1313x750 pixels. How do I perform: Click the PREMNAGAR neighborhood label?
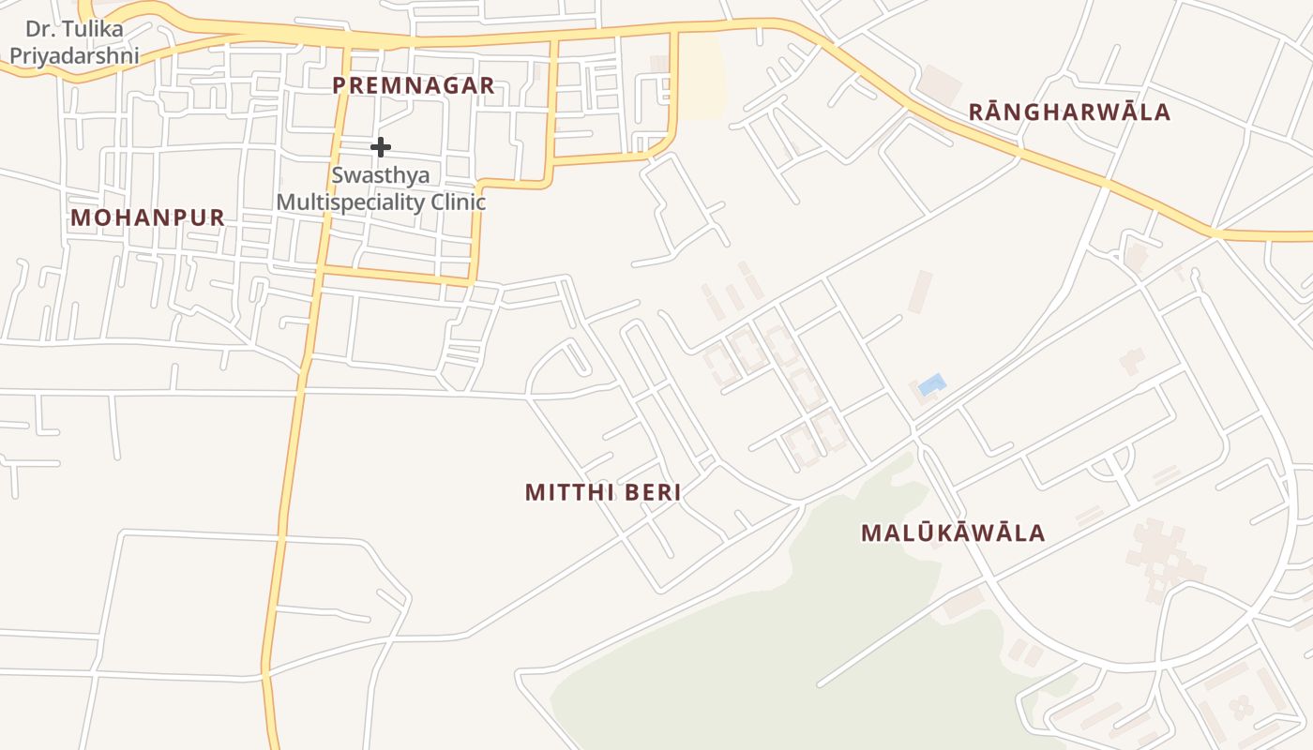(414, 85)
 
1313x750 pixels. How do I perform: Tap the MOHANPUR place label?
(148, 217)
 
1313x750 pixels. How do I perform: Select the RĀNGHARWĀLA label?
(1069, 112)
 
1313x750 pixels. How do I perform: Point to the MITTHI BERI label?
(603, 492)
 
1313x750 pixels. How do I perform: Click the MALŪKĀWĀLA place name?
(953, 533)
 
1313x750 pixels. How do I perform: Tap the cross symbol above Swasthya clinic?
(381, 147)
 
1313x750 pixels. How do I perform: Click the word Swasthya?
(381, 176)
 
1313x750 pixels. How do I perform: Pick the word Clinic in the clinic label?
(458, 202)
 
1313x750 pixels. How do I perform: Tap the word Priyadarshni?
(74, 55)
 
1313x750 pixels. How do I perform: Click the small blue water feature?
(931, 384)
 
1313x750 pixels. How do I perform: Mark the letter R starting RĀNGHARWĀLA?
(975, 112)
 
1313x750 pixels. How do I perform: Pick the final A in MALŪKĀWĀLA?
(1036, 533)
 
